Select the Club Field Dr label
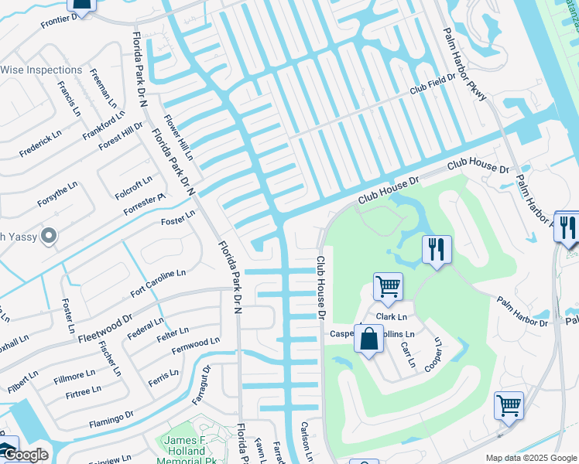pos(433,87)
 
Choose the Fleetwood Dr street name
pos(104,327)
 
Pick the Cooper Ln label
pos(434,355)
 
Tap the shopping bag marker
pos(369,338)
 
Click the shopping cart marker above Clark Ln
pos(388,285)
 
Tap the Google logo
pos(26,455)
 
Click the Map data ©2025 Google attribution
pos(530,458)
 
